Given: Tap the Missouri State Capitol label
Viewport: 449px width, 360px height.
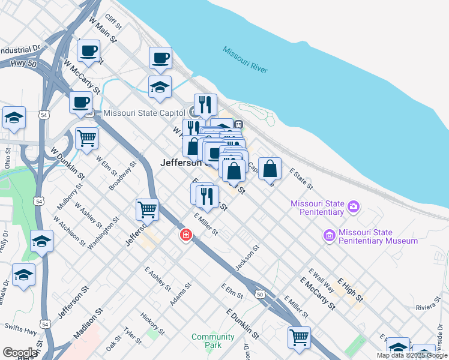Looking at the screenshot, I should click(146, 113).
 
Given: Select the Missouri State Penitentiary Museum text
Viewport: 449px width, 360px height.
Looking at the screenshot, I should click(378, 236).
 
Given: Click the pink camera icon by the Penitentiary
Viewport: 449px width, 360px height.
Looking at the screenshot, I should click(354, 207).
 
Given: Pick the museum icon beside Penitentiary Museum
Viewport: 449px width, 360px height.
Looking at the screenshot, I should click(328, 235).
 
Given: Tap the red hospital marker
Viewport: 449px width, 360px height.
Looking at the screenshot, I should click(186, 235).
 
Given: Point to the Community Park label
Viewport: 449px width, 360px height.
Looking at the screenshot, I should click(212, 341).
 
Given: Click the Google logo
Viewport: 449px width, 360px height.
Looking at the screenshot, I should click(19, 353).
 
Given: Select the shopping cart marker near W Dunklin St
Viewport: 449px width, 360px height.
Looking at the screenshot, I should click(87, 138).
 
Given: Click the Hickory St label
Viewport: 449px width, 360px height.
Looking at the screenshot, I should click(152, 323).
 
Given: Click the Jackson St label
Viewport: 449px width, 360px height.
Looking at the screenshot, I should click(247, 257).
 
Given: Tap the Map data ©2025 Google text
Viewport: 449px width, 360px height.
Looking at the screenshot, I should click(412, 355).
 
